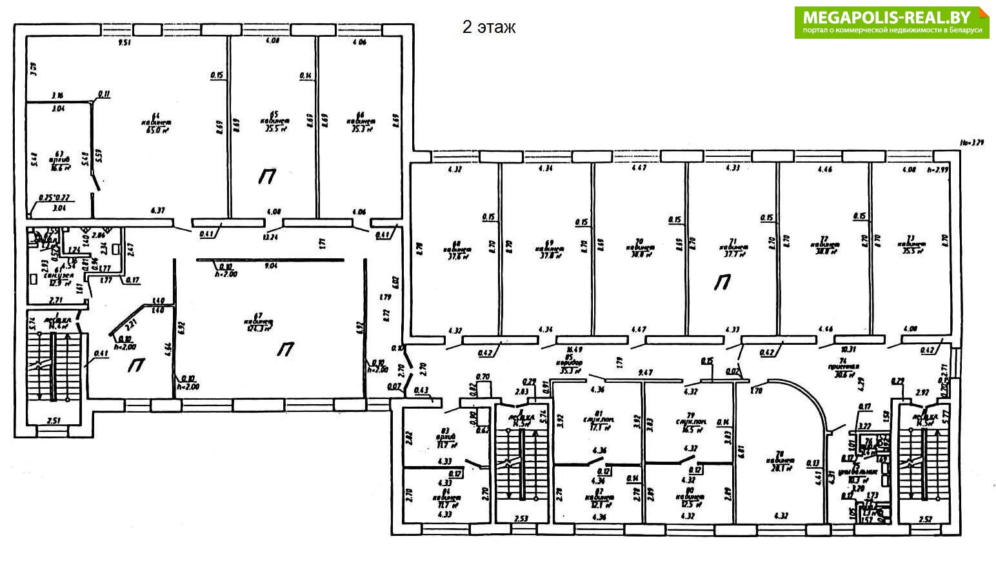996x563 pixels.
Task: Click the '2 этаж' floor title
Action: pos(488,27)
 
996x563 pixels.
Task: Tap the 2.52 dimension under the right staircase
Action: pos(926,518)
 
